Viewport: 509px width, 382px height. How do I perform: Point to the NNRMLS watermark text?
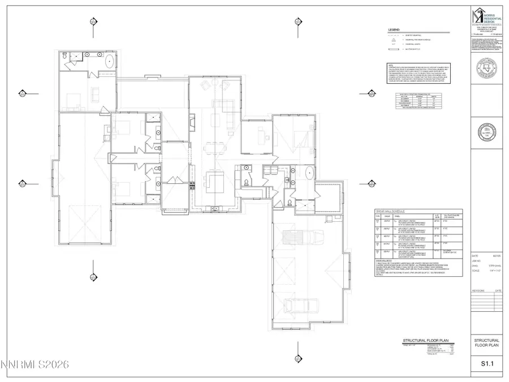pyautogui.click(x=34, y=366)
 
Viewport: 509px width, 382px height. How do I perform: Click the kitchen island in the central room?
pyautogui.click(x=215, y=182)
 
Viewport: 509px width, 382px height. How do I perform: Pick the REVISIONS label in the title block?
pyautogui.click(x=479, y=291)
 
